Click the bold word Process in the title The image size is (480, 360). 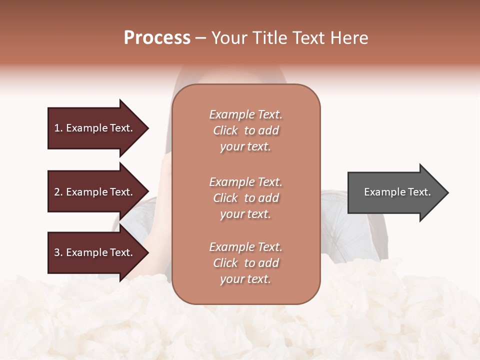tap(157, 38)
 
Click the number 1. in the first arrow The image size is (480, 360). tap(58, 128)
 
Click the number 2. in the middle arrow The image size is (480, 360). tap(58, 192)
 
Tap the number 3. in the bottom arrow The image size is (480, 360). tap(58, 252)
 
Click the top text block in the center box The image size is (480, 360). tap(245, 130)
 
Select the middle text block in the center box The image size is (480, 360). tap(245, 198)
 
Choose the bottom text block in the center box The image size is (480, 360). tap(245, 263)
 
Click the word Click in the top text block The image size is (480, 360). tap(225, 130)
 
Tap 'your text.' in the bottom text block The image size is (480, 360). tap(245, 279)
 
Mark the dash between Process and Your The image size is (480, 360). tap(201, 38)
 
